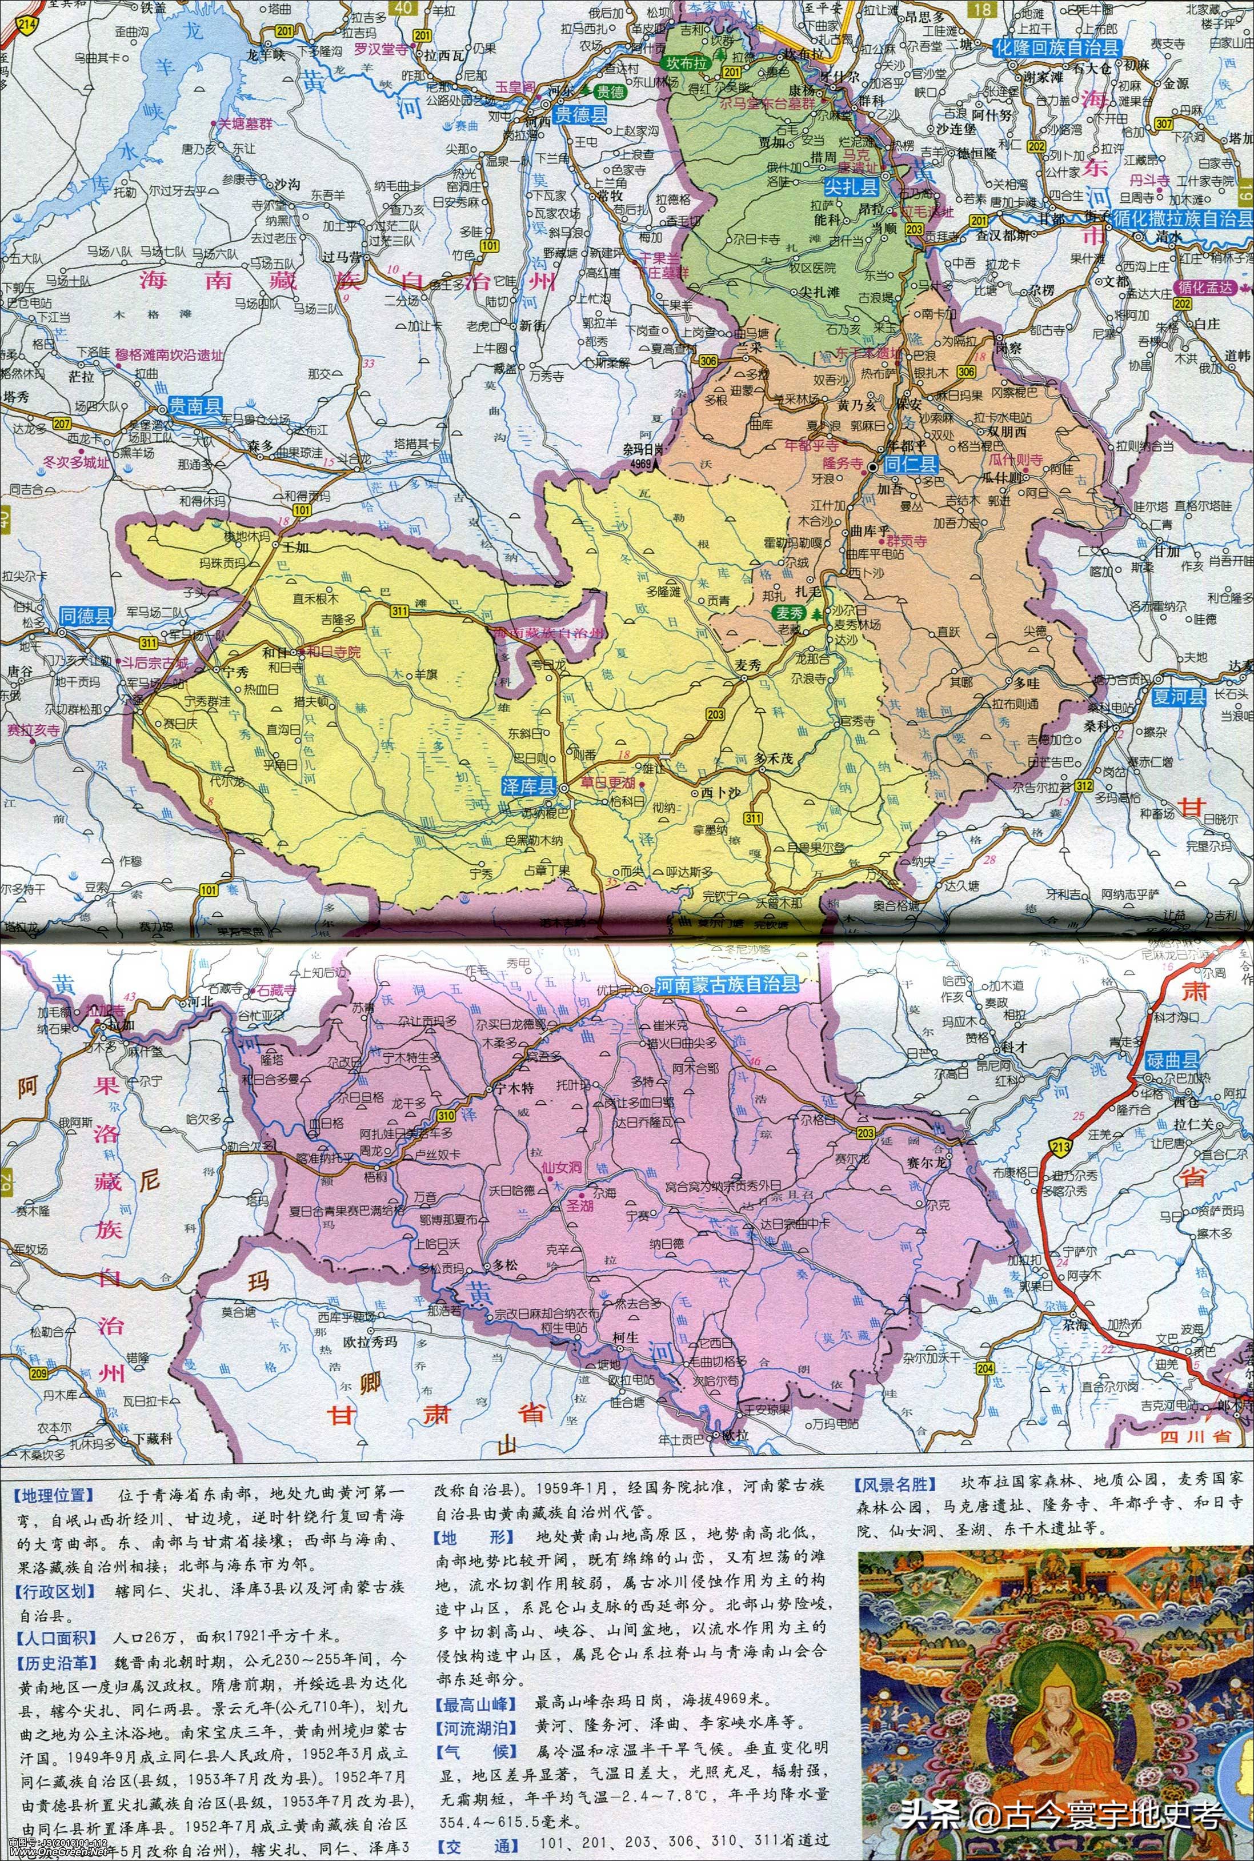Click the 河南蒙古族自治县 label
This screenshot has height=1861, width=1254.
coord(726,984)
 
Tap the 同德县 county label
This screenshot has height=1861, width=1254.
coord(86,615)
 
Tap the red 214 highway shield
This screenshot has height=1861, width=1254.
coord(8,26)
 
